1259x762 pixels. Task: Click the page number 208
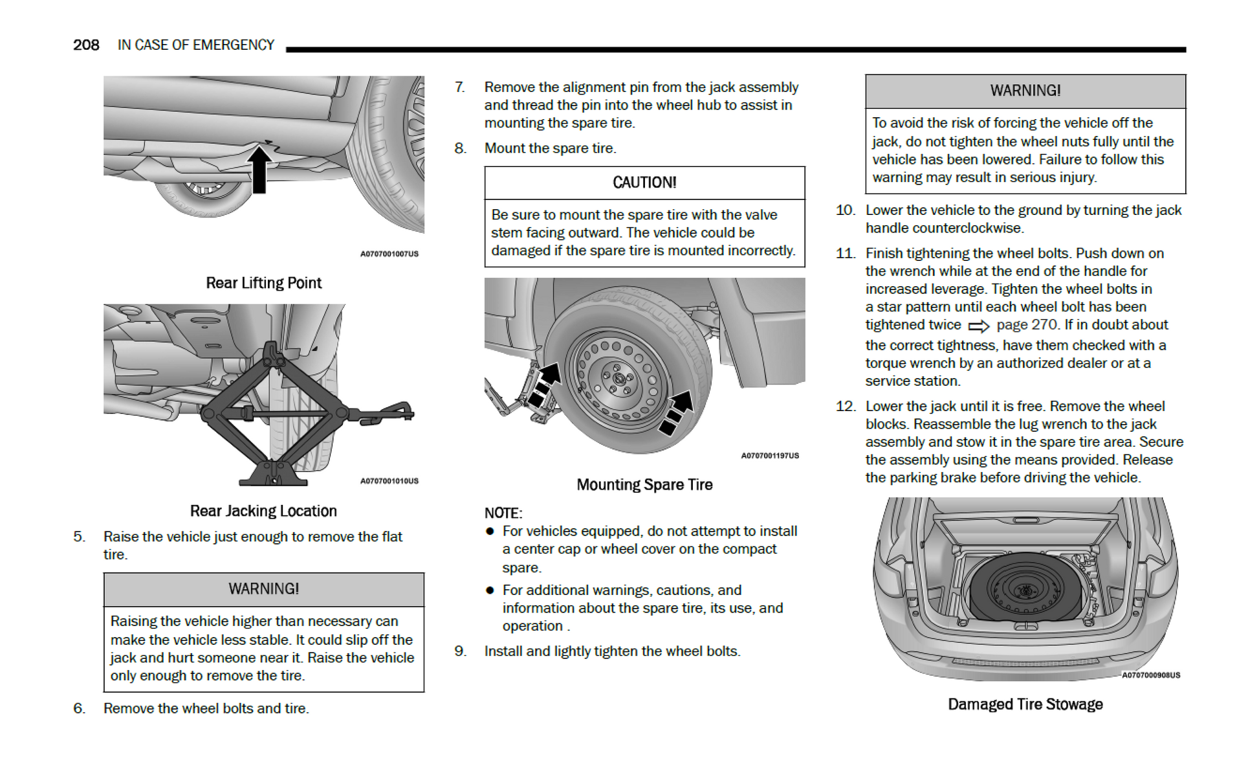click(x=86, y=45)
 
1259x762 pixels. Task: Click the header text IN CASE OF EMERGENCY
click(x=195, y=45)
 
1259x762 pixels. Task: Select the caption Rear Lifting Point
click(x=263, y=283)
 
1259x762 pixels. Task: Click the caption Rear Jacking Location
click(x=263, y=511)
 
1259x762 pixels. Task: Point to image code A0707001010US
click(x=389, y=481)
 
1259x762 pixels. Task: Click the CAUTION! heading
click(x=644, y=183)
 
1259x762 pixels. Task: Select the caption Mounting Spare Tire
click(x=644, y=484)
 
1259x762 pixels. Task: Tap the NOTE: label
click(x=503, y=513)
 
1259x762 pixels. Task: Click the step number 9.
click(x=460, y=651)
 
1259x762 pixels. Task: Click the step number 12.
click(x=846, y=406)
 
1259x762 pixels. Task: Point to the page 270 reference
click(x=1027, y=324)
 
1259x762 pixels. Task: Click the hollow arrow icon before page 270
click(x=978, y=326)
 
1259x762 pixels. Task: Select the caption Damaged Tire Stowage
click(x=1025, y=704)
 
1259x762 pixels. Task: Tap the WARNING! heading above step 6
click(x=263, y=588)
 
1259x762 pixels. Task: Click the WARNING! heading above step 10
click(x=1025, y=91)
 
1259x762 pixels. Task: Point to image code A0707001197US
click(x=770, y=456)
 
